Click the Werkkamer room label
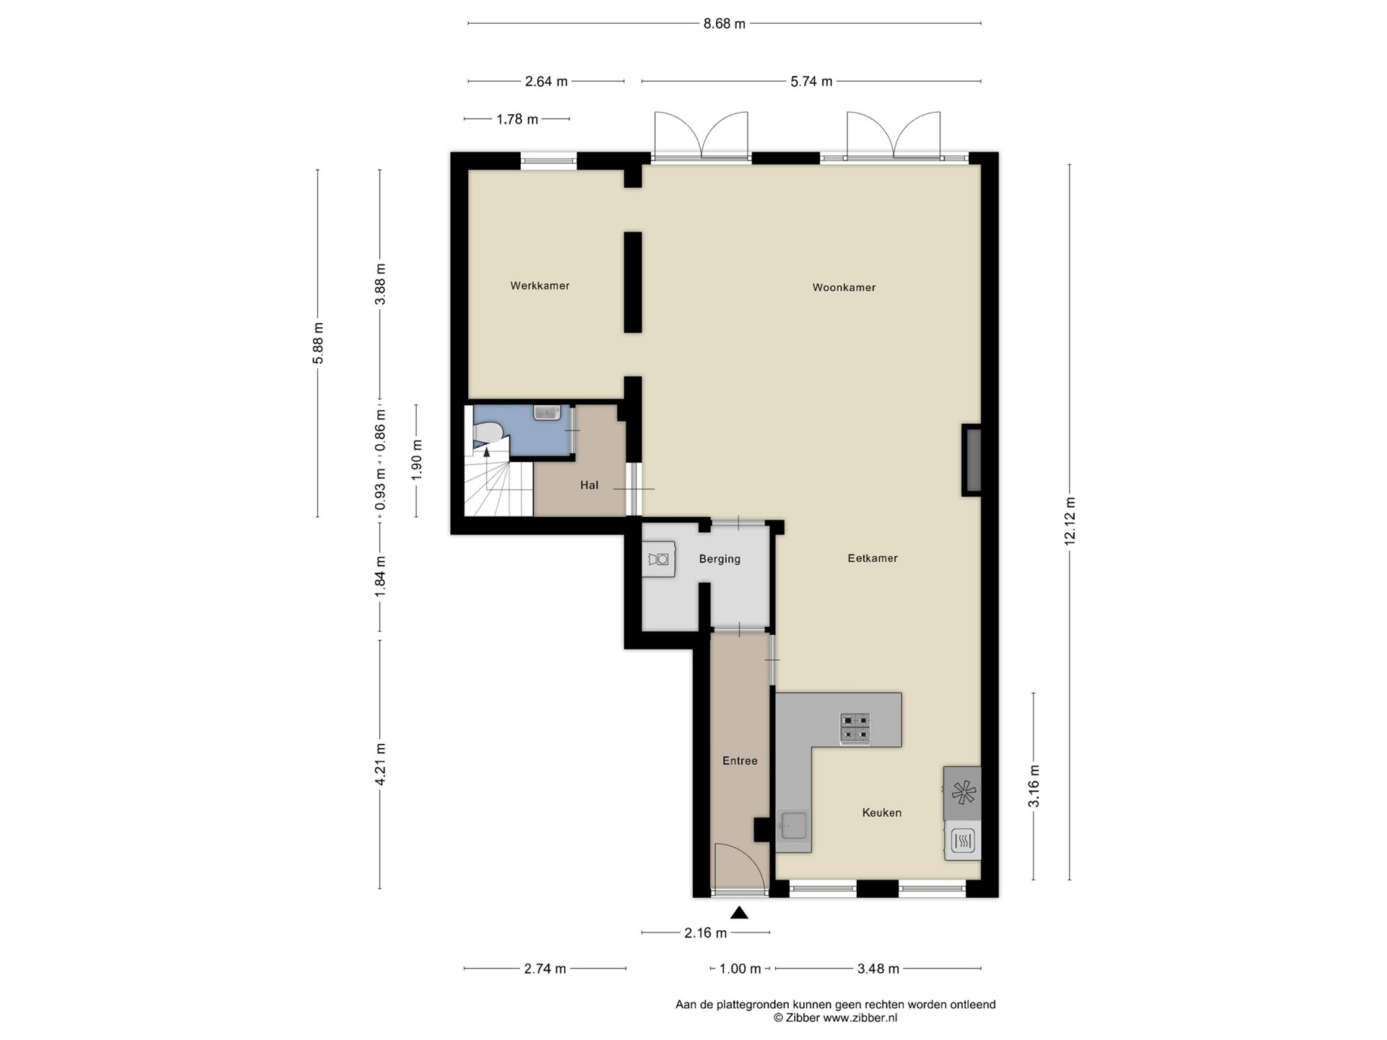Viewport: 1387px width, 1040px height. (540, 286)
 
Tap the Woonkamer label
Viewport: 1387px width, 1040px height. (844, 287)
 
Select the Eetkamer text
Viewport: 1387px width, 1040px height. (873, 558)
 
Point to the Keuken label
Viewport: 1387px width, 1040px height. (881, 813)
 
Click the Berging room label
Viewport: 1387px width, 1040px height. (720, 559)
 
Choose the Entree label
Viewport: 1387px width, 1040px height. (740, 761)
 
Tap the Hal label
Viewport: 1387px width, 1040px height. (589, 485)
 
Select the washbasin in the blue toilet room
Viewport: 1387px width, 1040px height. (547, 412)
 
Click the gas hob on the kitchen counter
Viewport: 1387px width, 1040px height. (856, 729)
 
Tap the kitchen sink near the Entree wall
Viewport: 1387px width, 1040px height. (792, 825)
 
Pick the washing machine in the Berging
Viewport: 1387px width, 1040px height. (659, 560)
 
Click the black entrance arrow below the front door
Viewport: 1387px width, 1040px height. (739, 913)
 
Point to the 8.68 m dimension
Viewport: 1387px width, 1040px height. (725, 24)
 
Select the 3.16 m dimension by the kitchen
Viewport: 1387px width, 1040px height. (1034, 786)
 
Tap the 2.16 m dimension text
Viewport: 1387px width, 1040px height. (706, 933)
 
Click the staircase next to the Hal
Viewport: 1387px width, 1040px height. (498, 480)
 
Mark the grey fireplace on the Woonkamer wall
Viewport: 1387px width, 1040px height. (972, 460)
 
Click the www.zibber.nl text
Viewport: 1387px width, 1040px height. (860, 1018)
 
